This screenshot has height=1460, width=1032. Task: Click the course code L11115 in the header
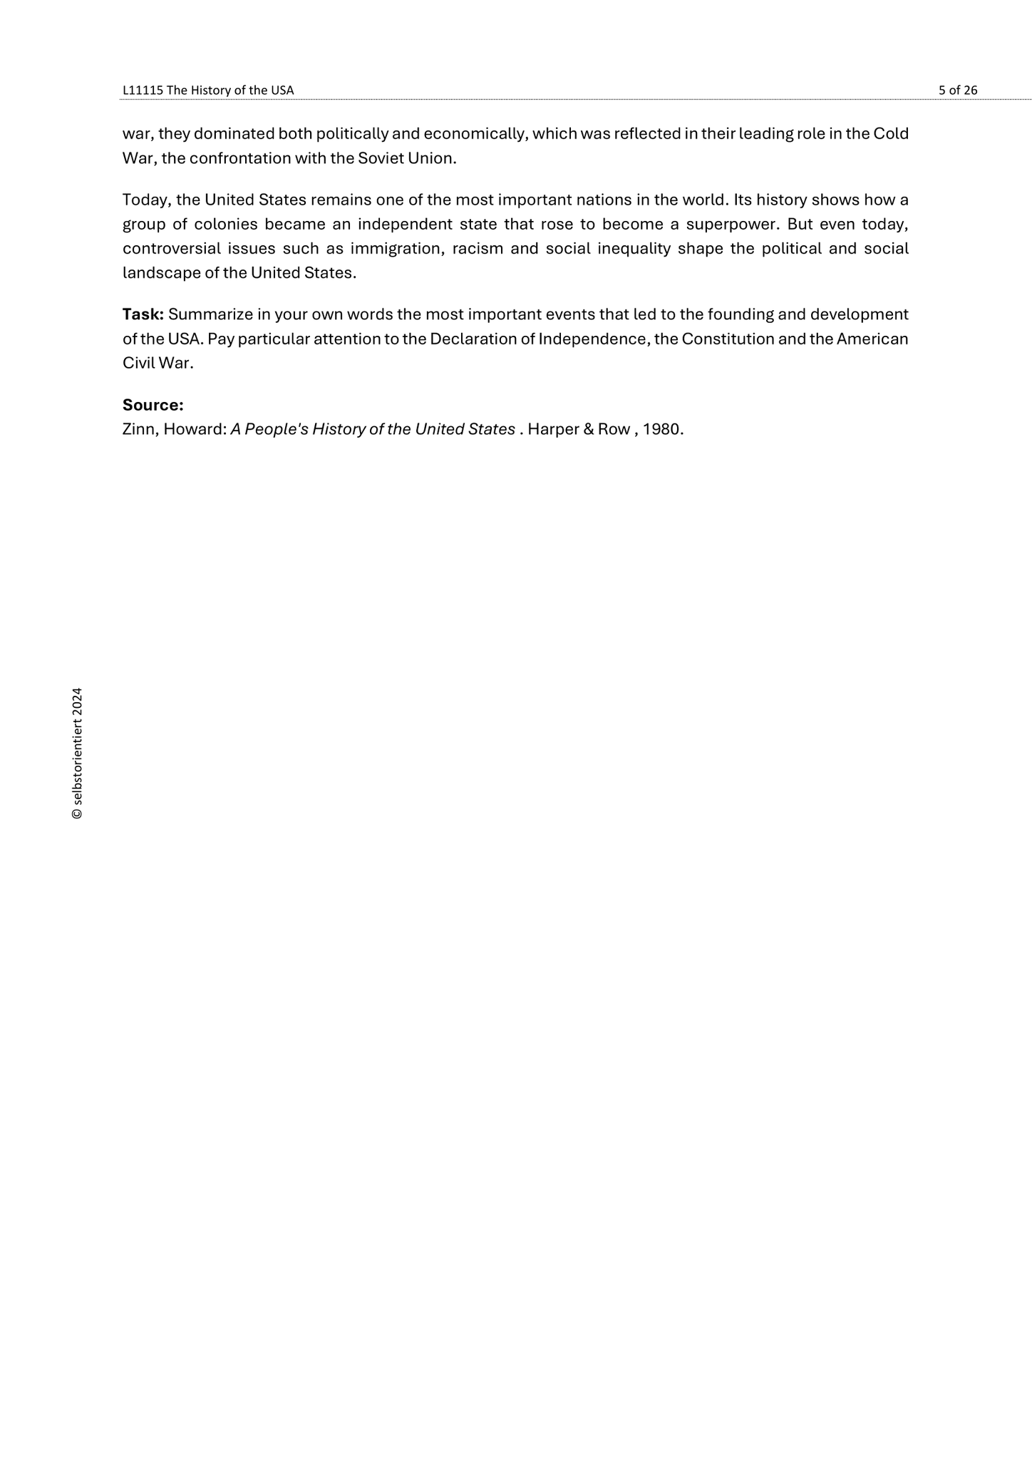point(143,90)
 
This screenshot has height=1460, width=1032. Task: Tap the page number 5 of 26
point(958,90)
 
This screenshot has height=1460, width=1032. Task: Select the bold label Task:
point(143,314)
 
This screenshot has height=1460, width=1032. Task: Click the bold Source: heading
point(153,405)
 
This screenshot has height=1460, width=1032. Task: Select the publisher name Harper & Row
point(579,429)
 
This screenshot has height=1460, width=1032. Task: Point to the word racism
point(477,248)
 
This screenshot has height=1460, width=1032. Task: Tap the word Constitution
point(727,339)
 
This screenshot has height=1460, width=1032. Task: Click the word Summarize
point(210,314)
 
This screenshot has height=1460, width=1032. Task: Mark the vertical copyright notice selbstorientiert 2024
point(78,754)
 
